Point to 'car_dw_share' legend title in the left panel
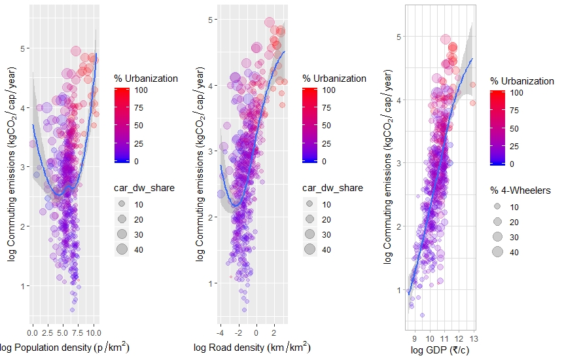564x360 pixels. [x=144, y=189]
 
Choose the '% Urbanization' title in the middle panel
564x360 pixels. [x=334, y=79]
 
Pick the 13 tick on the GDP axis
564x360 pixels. [x=473, y=339]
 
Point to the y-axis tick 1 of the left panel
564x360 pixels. [x=24, y=286]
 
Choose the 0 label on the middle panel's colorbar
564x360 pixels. [x=324, y=161]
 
